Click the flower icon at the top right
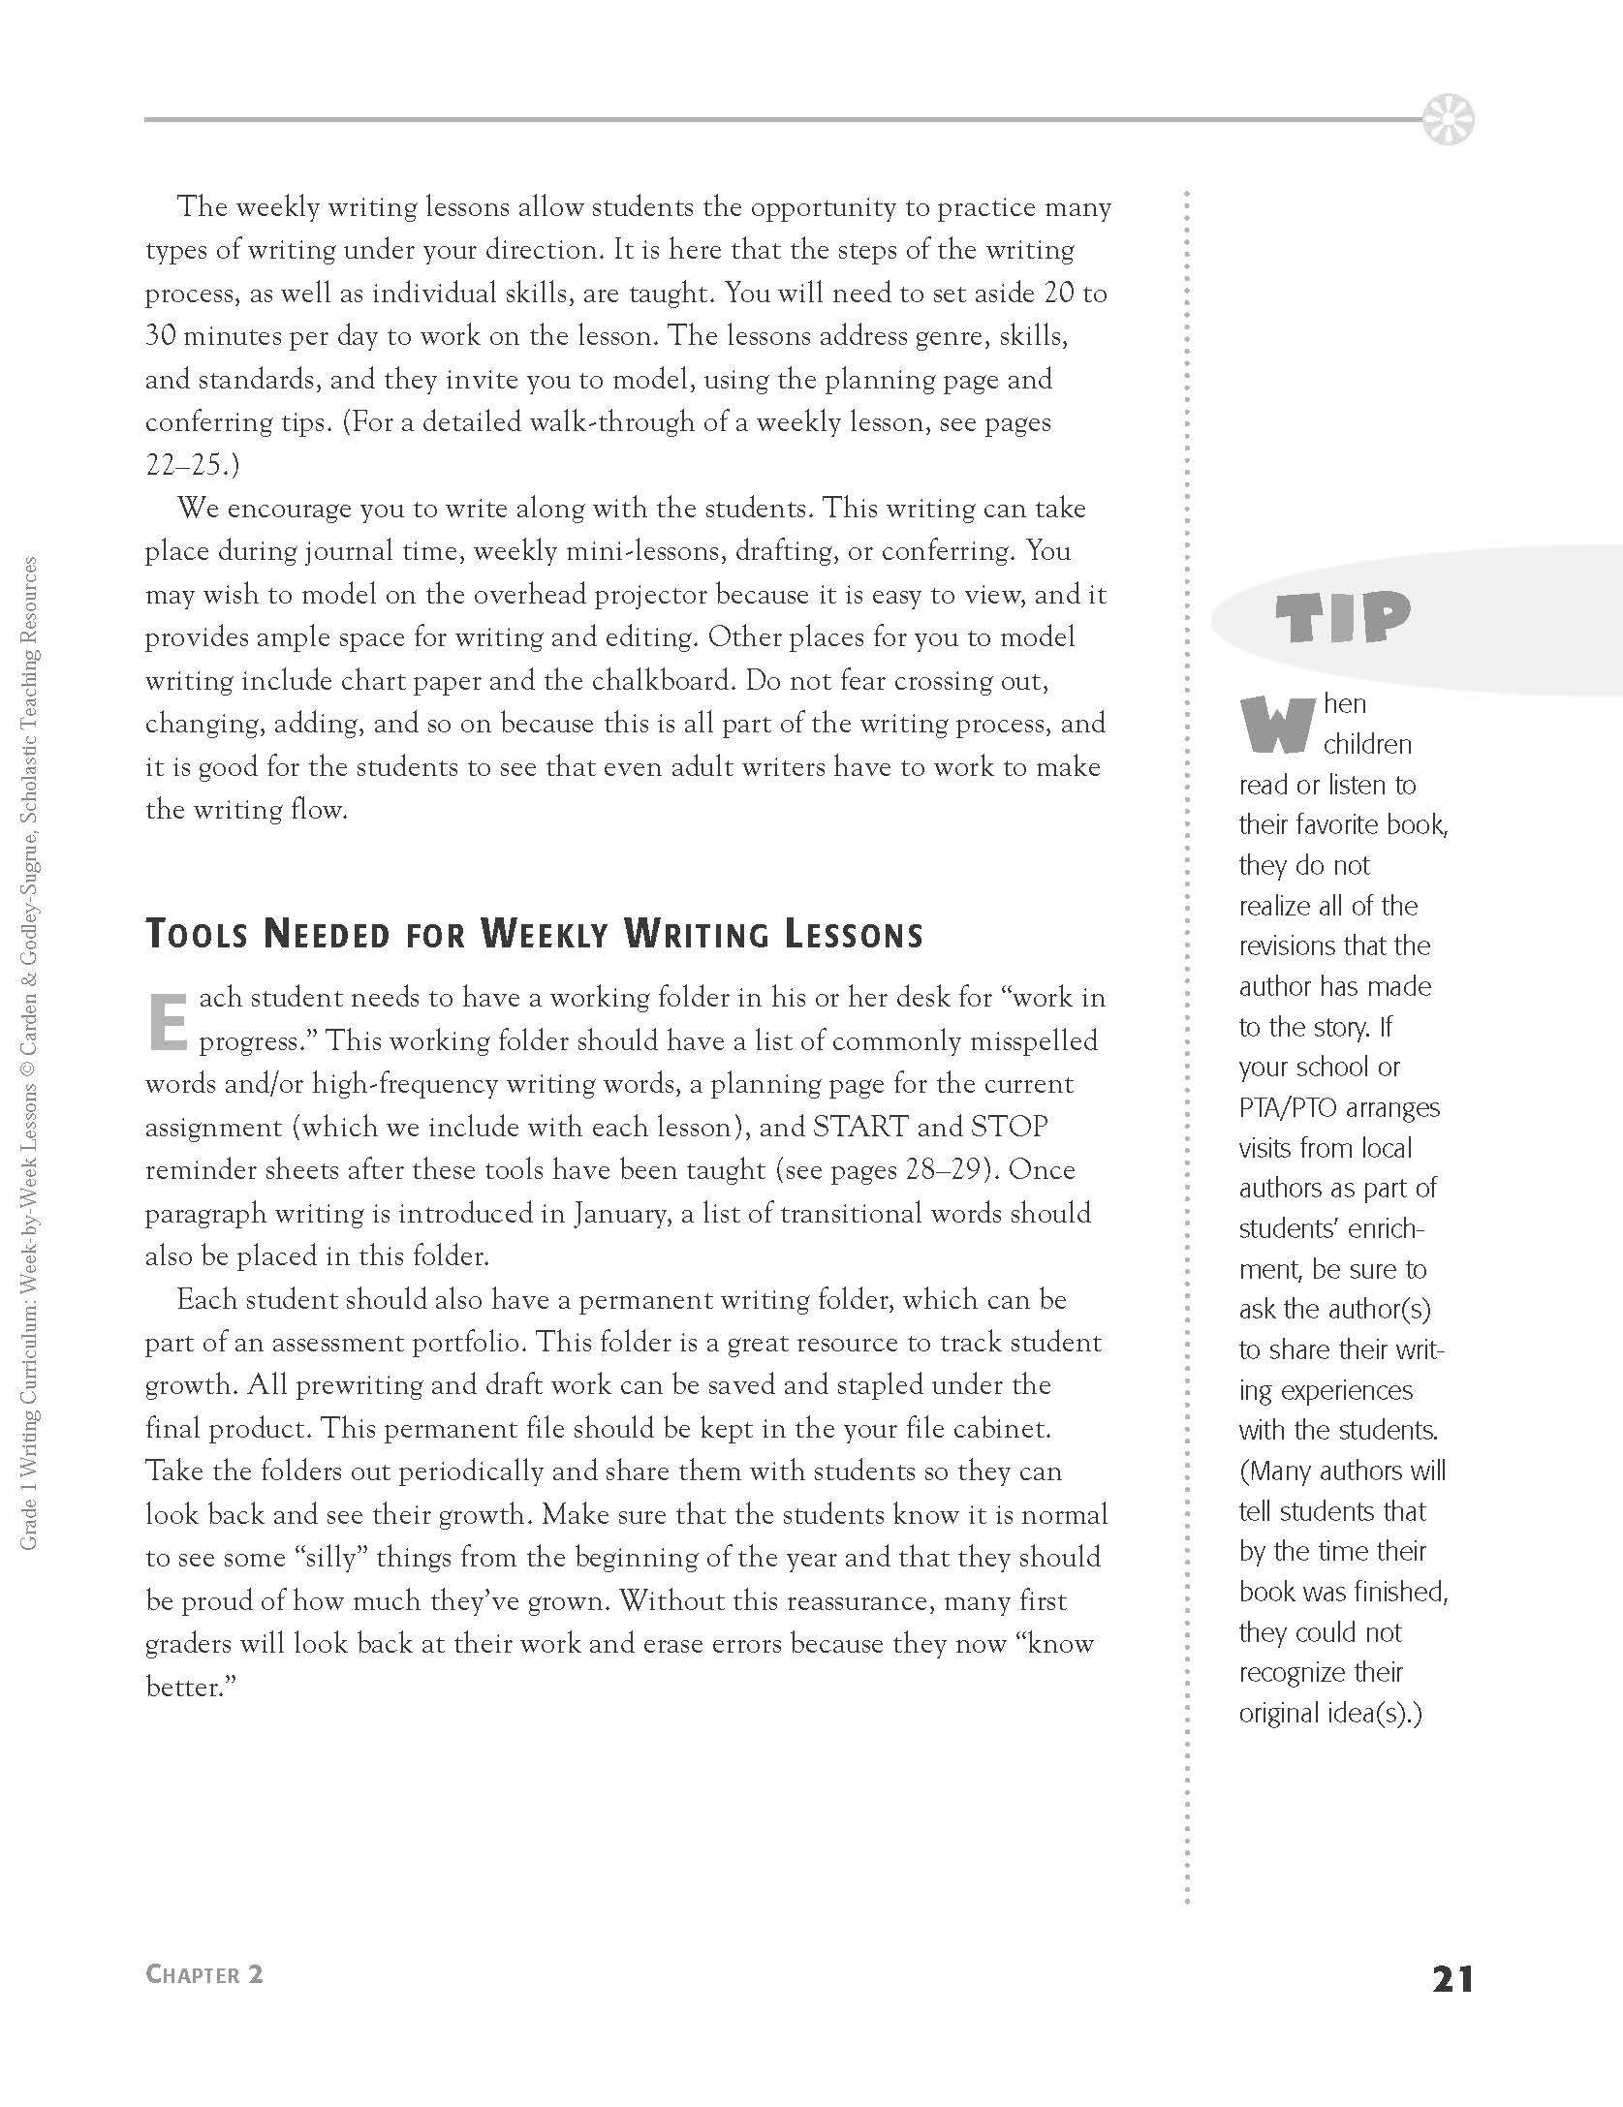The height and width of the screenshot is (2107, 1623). tap(1449, 120)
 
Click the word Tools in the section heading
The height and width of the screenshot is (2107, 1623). tap(198, 935)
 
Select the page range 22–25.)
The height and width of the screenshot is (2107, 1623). tap(191, 465)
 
